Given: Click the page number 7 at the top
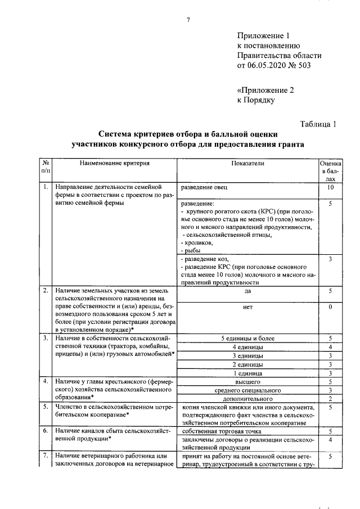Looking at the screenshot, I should [x=188, y=20].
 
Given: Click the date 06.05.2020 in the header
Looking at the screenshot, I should [x=266, y=65].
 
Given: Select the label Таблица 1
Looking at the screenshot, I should [x=318, y=124].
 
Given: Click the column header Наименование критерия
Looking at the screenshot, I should [x=114, y=163].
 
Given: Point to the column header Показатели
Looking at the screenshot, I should [x=247, y=163].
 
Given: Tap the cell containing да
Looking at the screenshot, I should [x=247, y=291].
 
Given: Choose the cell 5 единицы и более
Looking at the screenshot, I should [x=247, y=339].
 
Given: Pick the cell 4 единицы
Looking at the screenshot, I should [x=247, y=348].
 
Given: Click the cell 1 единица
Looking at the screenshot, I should [x=247, y=373].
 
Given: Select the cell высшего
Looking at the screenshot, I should [x=247, y=382].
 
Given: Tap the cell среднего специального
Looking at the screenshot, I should [x=247, y=390].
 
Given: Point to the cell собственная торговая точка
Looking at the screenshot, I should [x=217, y=430].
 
